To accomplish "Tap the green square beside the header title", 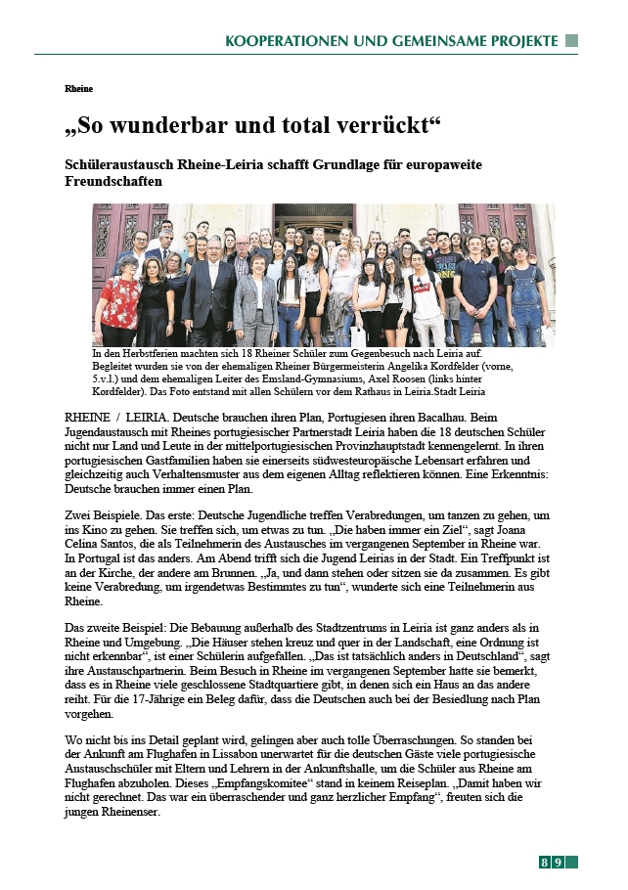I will point(572,41).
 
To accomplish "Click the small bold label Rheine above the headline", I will point(78,89).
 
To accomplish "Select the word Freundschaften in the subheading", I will point(113,181).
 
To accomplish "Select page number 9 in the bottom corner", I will point(558,862).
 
